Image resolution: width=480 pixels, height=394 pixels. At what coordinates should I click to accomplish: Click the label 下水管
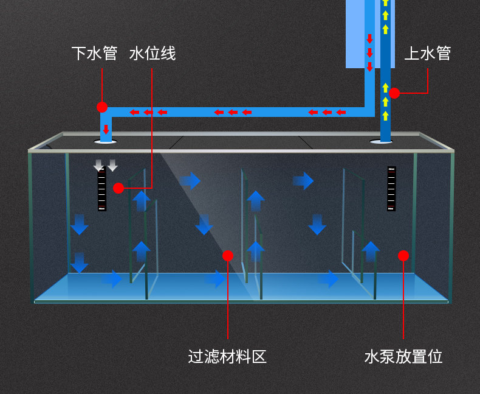tap(94, 54)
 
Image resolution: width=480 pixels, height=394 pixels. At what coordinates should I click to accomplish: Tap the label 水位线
tap(153, 54)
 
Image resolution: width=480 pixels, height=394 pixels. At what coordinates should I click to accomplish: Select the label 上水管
tap(427, 54)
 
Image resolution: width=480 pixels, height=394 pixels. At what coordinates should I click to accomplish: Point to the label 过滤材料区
tap(227, 356)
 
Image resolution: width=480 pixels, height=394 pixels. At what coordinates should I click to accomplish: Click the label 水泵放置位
tap(403, 356)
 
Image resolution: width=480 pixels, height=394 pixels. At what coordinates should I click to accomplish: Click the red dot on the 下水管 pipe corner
tap(102, 107)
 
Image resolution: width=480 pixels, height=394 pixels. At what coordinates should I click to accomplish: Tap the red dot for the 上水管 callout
tap(394, 93)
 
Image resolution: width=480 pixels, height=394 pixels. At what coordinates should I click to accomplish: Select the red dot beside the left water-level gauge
tap(118, 188)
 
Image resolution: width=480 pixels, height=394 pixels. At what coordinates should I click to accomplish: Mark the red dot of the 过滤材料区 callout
tap(227, 255)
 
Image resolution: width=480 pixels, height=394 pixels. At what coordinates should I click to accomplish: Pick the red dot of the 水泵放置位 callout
tap(403, 256)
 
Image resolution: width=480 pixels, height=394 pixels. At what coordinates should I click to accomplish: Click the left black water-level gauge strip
tap(102, 189)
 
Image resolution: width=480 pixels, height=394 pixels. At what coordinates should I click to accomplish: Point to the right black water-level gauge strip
tap(392, 189)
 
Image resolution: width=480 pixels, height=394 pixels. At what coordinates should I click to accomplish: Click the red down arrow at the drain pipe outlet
tap(106, 129)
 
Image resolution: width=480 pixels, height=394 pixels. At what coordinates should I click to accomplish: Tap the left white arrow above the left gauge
tap(99, 165)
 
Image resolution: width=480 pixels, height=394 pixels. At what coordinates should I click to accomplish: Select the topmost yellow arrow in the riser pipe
tap(385, 2)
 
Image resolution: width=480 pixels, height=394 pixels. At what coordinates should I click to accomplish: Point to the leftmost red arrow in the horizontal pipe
tap(133, 112)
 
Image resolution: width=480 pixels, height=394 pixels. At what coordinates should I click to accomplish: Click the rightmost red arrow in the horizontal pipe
tap(341, 112)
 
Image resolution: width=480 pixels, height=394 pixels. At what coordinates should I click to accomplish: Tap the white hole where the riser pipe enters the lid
tap(381, 142)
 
